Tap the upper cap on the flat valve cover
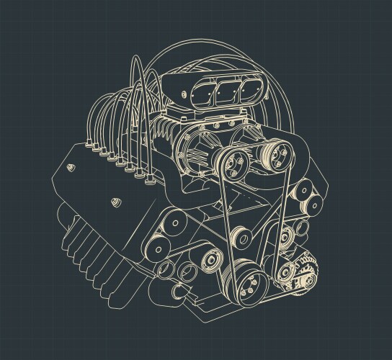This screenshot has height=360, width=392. click(70, 167)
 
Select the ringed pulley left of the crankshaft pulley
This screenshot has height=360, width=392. click(212, 259)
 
